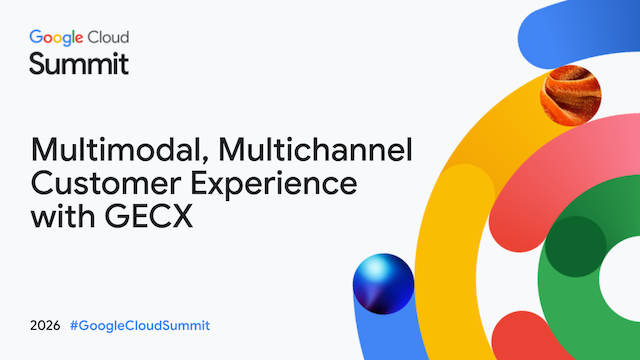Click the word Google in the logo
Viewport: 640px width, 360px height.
[x=56, y=38]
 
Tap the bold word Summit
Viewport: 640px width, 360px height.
[x=79, y=64]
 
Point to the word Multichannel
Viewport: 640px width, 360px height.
[x=315, y=149]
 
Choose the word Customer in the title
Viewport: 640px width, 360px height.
[x=106, y=184]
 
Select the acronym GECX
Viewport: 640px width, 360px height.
[x=149, y=216]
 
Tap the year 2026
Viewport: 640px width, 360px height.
[x=45, y=326]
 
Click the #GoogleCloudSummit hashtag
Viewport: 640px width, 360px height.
[x=140, y=326]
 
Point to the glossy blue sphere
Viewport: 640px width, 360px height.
[x=383, y=284]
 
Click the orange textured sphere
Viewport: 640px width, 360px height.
[x=571, y=96]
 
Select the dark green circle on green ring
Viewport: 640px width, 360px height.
[x=576, y=247]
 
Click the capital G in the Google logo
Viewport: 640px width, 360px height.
[x=36, y=37]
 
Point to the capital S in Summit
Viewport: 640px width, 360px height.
[x=38, y=64]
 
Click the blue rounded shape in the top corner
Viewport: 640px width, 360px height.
[x=579, y=34]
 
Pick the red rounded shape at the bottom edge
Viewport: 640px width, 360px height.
[x=527, y=338]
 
